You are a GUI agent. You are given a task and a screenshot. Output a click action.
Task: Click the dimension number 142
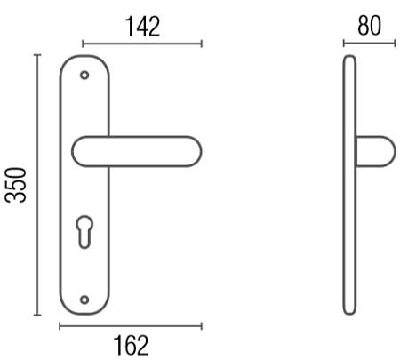click(143, 27)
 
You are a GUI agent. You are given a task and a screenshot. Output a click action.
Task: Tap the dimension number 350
click(16, 185)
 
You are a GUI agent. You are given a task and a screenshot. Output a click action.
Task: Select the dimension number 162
click(131, 345)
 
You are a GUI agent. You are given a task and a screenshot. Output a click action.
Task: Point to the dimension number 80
click(369, 26)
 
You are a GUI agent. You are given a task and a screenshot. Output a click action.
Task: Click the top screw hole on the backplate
click(84, 76)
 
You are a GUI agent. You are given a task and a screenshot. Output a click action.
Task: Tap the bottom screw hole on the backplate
click(84, 300)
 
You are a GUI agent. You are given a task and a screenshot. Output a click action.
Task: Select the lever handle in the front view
click(137, 151)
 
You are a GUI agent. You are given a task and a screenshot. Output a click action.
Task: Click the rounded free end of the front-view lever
click(198, 151)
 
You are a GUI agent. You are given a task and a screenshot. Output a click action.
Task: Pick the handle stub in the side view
click(376, 151)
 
